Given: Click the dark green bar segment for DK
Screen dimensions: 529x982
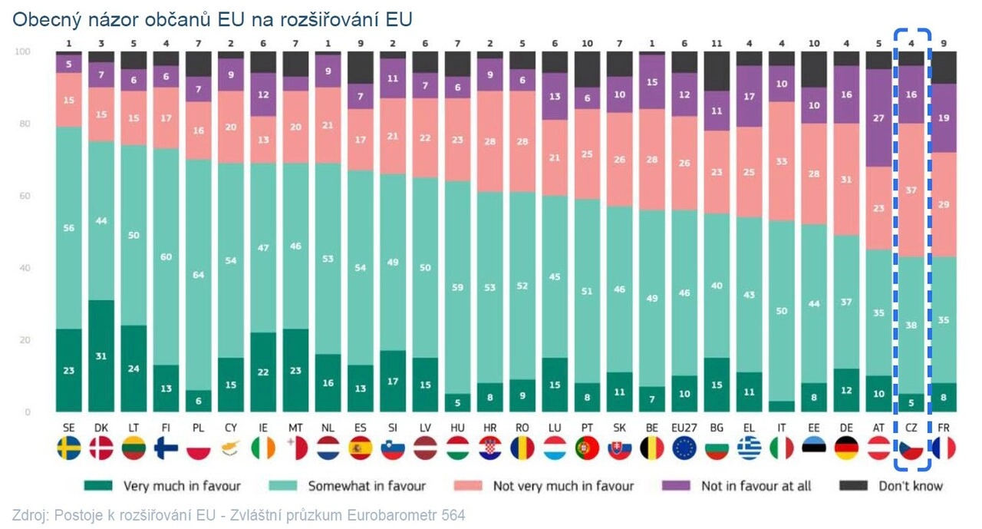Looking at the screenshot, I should tap(101, 355).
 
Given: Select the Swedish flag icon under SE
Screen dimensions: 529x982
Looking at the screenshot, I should tap(69, 448).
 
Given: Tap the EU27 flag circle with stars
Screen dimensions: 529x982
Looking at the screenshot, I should tap(684, 448).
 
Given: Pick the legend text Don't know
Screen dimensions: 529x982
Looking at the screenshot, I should tap(911, 486).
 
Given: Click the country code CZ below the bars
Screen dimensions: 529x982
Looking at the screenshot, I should tap(911, 426).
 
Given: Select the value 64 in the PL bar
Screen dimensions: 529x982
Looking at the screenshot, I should tap(199, 275).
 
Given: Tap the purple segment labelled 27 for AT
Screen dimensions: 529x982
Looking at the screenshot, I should tap(878, 118).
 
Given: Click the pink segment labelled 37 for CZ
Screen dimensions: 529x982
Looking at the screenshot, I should tap(911, 190).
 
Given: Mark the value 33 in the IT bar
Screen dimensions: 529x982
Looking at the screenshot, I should tap(781, 161).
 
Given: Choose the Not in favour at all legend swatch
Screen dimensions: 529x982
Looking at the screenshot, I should tap(676, 486).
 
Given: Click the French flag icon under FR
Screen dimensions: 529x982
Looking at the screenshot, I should tap(944, 448).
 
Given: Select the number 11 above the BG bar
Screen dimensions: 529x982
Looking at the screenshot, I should tap(716, 44).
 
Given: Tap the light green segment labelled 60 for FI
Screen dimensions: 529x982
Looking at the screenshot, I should tap(166, 256).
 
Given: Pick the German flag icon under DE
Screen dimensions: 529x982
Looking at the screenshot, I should tap(846, 448).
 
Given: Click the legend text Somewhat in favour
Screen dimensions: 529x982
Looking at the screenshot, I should tap(367, 486).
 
